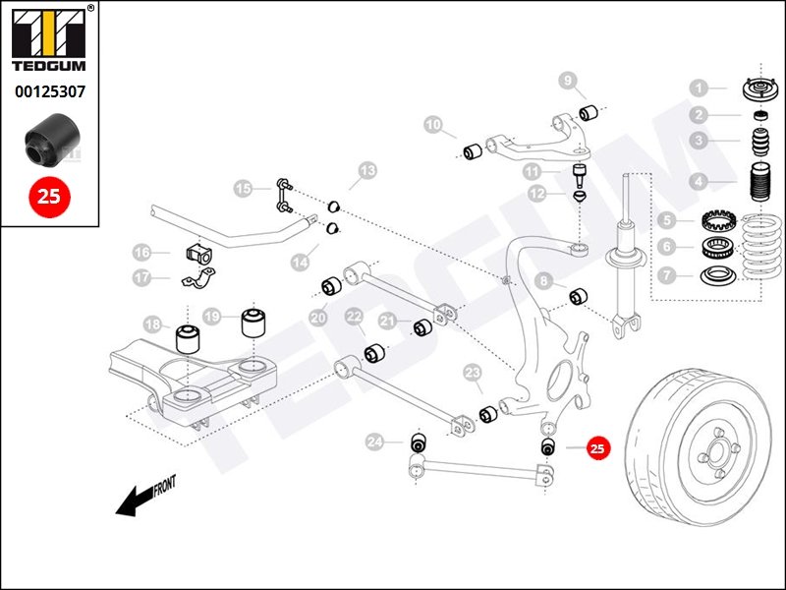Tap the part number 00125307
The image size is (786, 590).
[49, 92]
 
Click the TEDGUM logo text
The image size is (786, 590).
[49, 69]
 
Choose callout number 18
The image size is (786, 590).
[152, 324]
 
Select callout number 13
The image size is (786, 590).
[365, 171]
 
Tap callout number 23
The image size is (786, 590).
[473, 373]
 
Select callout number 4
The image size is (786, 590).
[697, 182]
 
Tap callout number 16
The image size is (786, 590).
[144, 252]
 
